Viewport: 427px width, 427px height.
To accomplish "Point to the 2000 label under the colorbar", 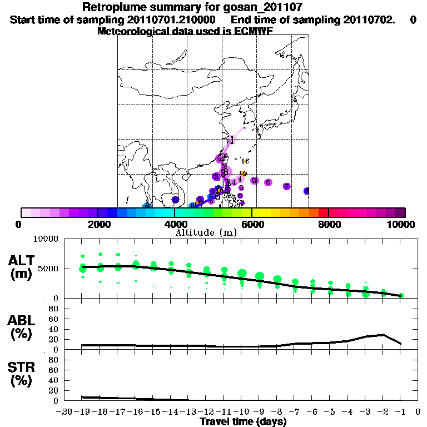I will [x=97, y=224].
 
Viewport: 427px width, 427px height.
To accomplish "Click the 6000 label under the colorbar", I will [x=252, y=224].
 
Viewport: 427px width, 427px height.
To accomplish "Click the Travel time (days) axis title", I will [x=243, y=422].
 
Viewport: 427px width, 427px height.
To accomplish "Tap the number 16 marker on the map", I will [x=245, y=161].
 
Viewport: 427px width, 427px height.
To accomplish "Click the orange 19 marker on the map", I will [x=243, y=174].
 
